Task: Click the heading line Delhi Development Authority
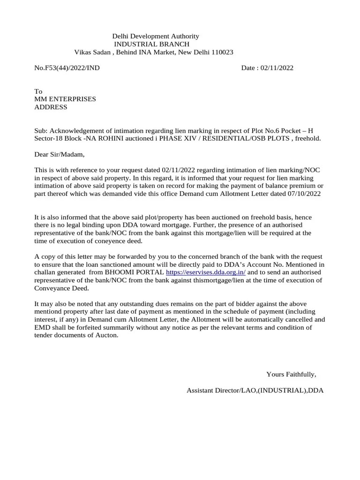pyautogui.click(x=155, y=36)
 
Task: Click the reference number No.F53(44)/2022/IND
pyautogui.click(x=67, y=68)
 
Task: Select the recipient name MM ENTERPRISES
pyautogui.click(x=65, y=99)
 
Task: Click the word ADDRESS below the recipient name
pyautogui.click(x=51, y=107)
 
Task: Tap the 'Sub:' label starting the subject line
pyautogui.click(x=41, y=131)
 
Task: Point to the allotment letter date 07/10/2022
pyautogui.click(x=304, y=194)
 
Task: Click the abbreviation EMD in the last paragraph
pyautogui.click(x=42, y=328)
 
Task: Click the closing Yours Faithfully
pyautogui.click(x=291, y=374)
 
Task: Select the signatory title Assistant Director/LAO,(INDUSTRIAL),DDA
pyautogui.click(x=255, y=390)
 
